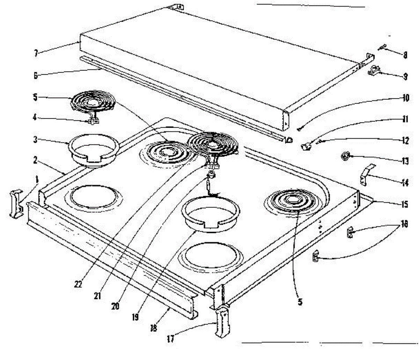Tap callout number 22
pos(78,284)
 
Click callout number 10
pos(405,98)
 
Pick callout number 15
pos(404,204)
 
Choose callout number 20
pos(115,306)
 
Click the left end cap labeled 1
pos(16,204)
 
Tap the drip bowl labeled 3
pos(93,151)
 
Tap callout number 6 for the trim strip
pos(36,75)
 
